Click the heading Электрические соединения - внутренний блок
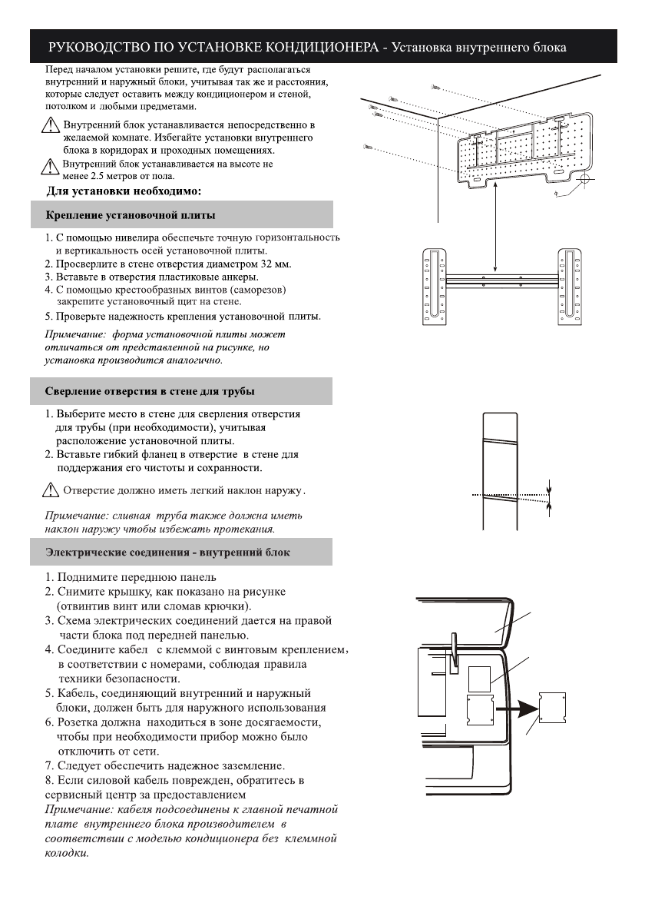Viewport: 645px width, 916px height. [x=167, y=552]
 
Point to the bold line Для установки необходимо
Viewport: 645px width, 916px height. [x=124, y=191]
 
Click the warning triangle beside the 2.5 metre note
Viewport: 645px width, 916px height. [x=51, y=167]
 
